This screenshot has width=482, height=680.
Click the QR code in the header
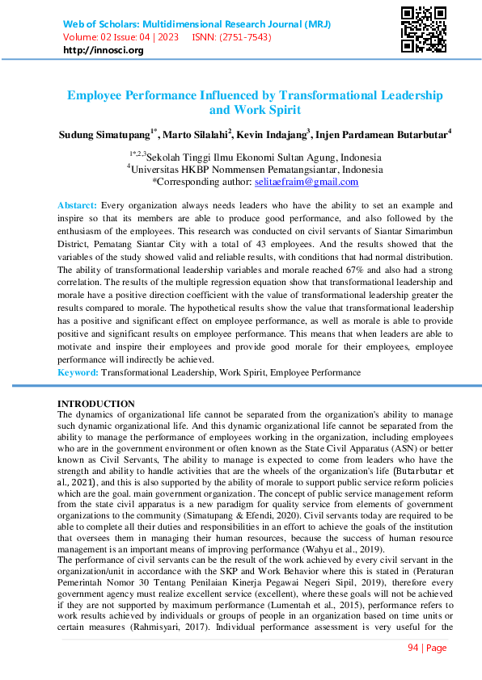(x=424, y=29)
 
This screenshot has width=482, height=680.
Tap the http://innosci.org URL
(x=103, y=50)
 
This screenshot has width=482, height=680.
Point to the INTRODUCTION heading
(x=95, y=404)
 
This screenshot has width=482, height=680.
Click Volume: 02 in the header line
(x=88, y=37)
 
